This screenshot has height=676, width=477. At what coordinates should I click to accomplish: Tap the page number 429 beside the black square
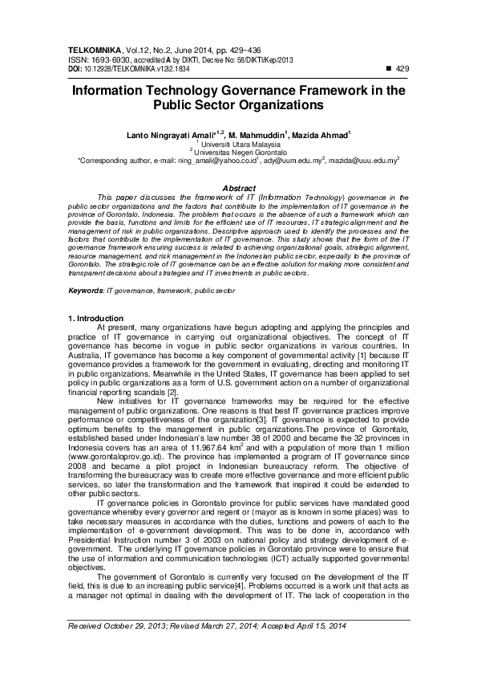click(403, 69)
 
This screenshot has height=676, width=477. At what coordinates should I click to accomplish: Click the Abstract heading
click(238, 188)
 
